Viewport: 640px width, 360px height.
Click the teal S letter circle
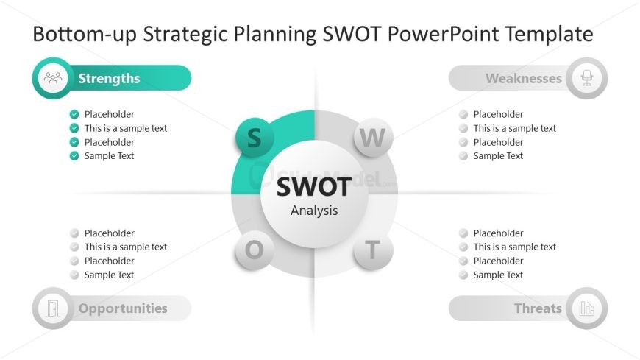pyautogui.click(x=255, y=137)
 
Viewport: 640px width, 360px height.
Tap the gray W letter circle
pyautogui.click(x=373, y=137)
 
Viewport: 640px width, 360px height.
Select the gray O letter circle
pyautogui.click(x=255, y=250)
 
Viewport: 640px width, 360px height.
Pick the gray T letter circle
pyautogui.click(x=373, y=250)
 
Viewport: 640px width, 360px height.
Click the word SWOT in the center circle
pyautogui.click(x=314, y=187)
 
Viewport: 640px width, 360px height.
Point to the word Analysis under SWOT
pyautogui.click(x=314, y=211)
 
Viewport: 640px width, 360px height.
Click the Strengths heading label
pyautogui.click(x=109, y=78)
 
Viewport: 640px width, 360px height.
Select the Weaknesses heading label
pyautogui.click(x=524, y=78)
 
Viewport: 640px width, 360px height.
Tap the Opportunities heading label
pyautogui.click(x=123, y=308)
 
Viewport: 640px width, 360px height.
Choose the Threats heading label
pyautogui.click(x=538, y=308)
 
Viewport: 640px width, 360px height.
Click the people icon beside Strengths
pyautogui.click(x=53, y=77)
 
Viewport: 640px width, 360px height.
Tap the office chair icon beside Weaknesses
pyautogui.click(x=587, y=77)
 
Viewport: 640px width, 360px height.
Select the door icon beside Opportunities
pyautogui.click(x=53, y=308)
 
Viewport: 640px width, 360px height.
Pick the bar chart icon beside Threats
pyautogui.click(x=587, y=308)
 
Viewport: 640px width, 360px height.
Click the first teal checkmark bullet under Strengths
pyautogui.click(x=74, y=114)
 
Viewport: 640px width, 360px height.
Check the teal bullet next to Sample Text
pyautogui.click(x=74, y=155)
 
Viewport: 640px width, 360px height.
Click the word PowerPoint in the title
pyautogui.click(x=443, y=34)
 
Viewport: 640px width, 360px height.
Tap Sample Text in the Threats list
pyautogui.click(x=498, y=275)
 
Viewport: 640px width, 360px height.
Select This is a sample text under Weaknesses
pyautogui.click(x=515, y=128)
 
